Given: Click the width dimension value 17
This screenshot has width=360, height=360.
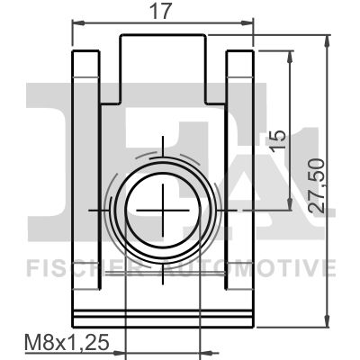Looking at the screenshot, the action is tap(163, 11).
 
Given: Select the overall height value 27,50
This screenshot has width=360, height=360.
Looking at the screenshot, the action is tap(318, 186).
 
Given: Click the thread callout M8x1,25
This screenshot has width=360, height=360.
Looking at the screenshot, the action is tap(67, 343).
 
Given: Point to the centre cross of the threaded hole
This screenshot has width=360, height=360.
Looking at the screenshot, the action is tap(163, 211).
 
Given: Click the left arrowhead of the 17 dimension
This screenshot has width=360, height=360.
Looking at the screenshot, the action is tap(79, 23).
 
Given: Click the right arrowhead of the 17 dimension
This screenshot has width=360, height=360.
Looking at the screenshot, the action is tap(247, 23).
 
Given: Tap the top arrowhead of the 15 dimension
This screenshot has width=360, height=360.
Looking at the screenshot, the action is tap(290, 58).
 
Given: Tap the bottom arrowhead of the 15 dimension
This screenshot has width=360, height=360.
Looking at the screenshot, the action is tap(290, 203).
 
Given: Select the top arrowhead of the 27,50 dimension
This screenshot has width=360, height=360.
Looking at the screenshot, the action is tap(328, 42).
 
